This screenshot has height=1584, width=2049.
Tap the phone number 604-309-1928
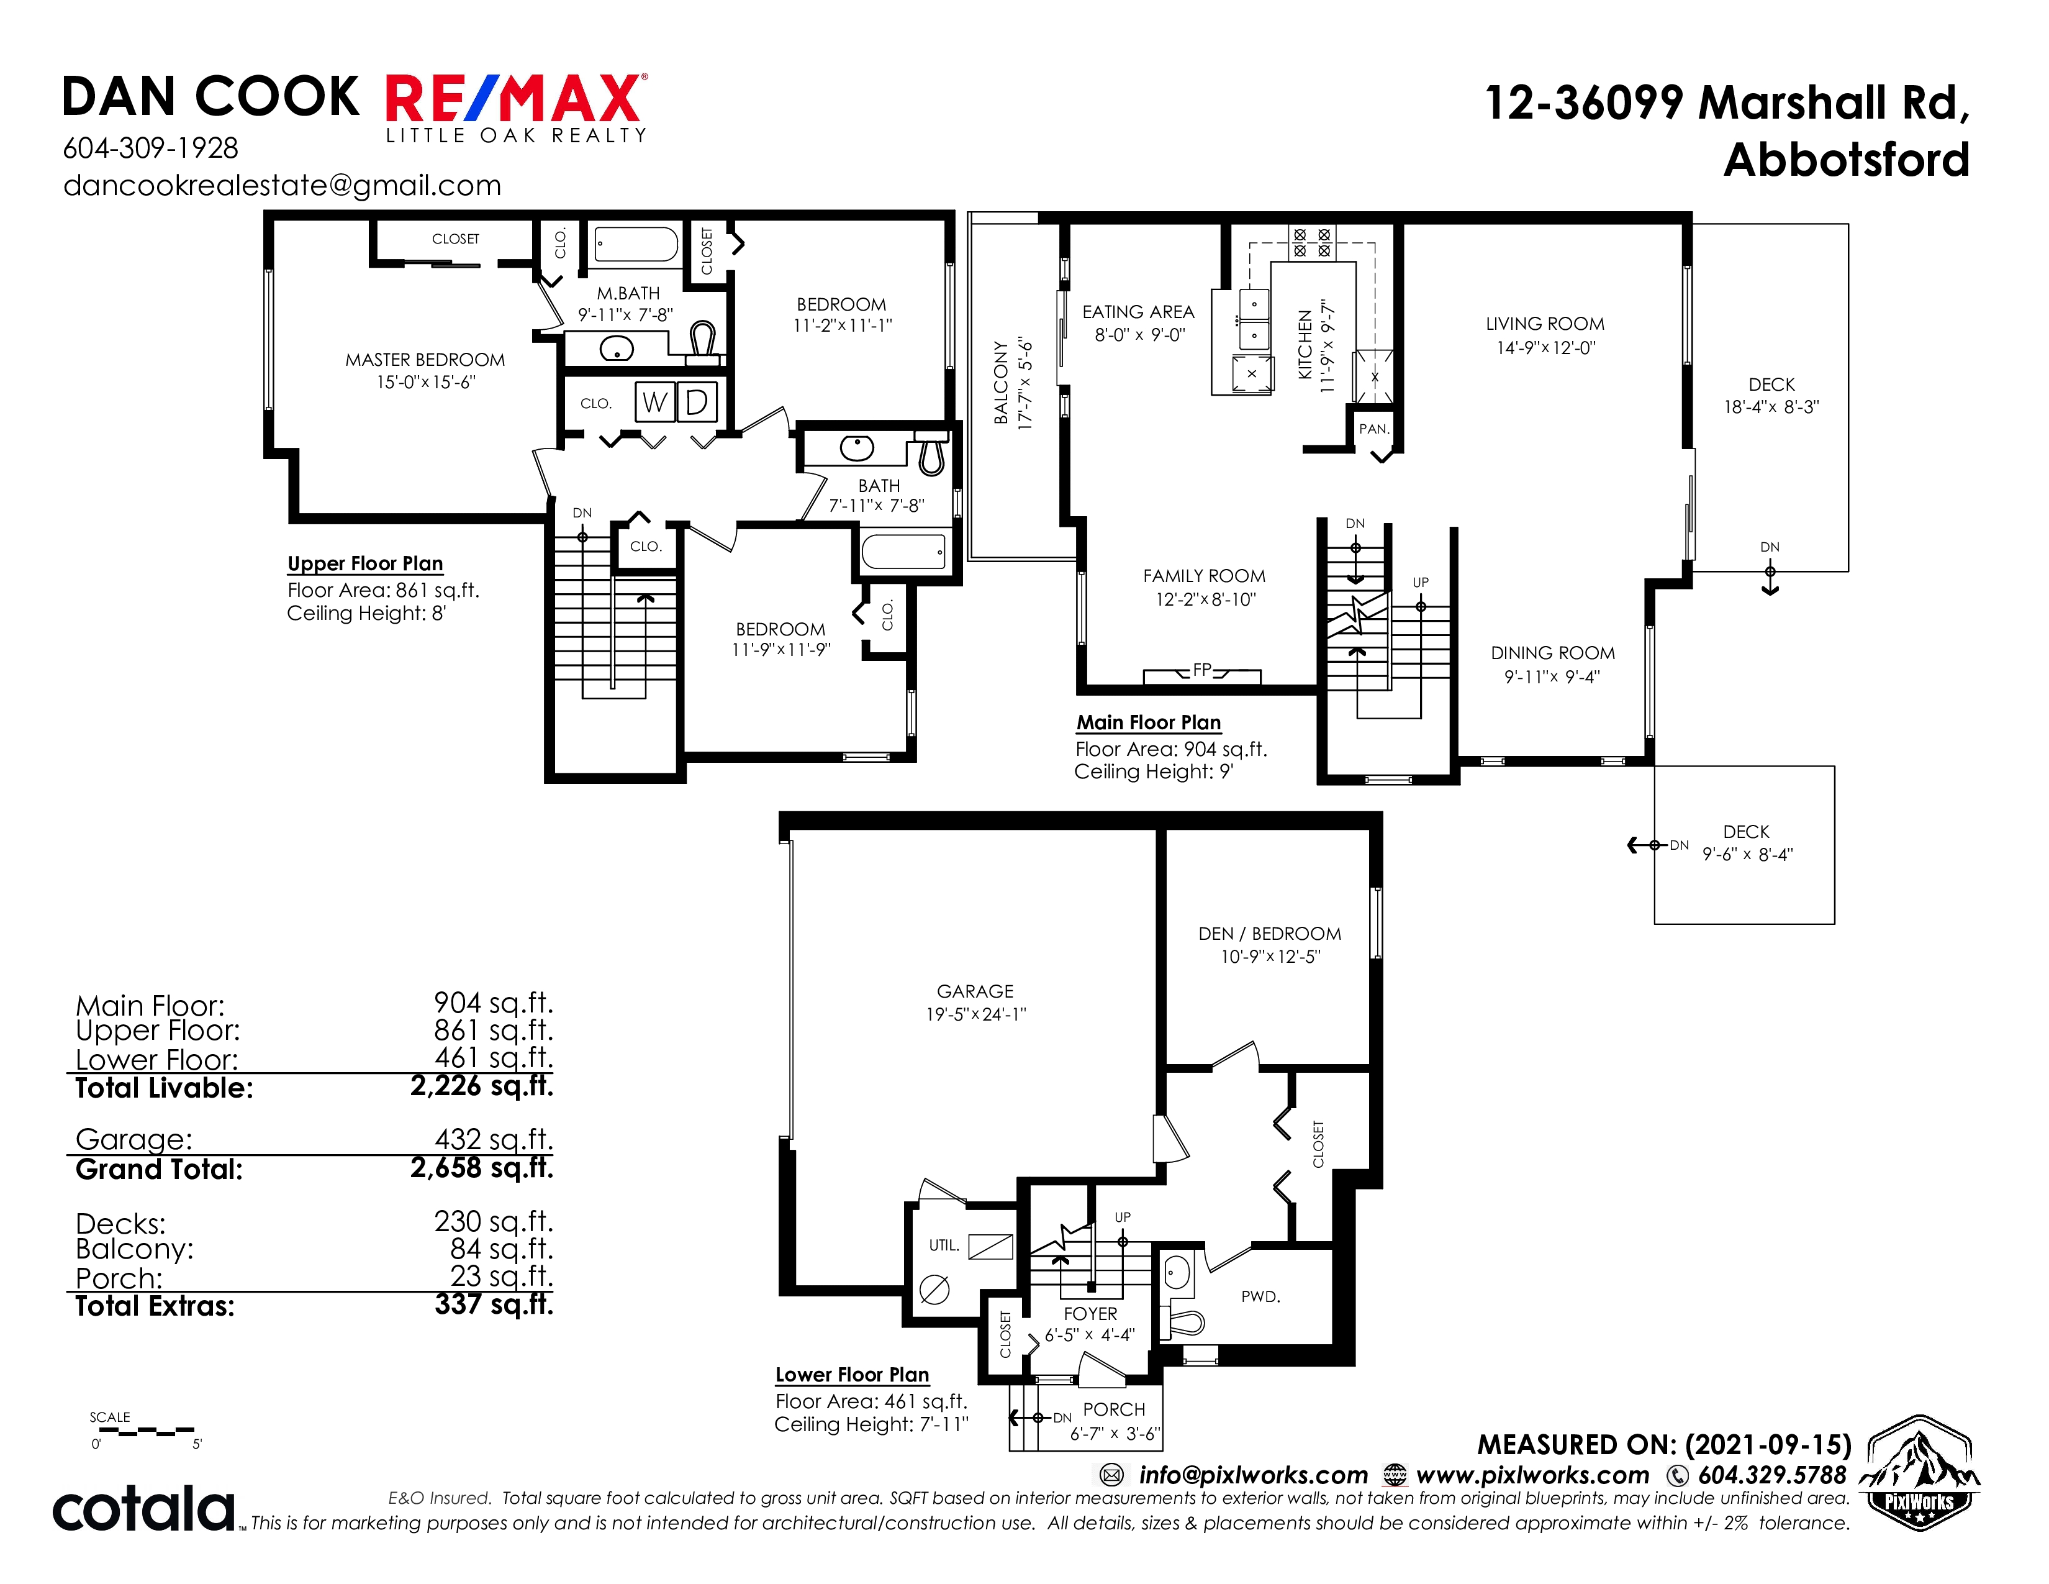click(x=150, y=148)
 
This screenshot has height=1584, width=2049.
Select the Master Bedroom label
click(x=425, y=360)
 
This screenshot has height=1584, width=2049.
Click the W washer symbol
click(x=655, y=402)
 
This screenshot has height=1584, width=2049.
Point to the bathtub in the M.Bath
click(x=636, y=245)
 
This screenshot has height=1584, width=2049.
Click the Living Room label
click(x=1545, y=324)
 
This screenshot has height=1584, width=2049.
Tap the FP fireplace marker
click(x=1202, y=670)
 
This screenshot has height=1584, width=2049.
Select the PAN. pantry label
click(x=1373, y=429)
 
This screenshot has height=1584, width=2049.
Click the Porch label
click(x=1114, y=1409)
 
